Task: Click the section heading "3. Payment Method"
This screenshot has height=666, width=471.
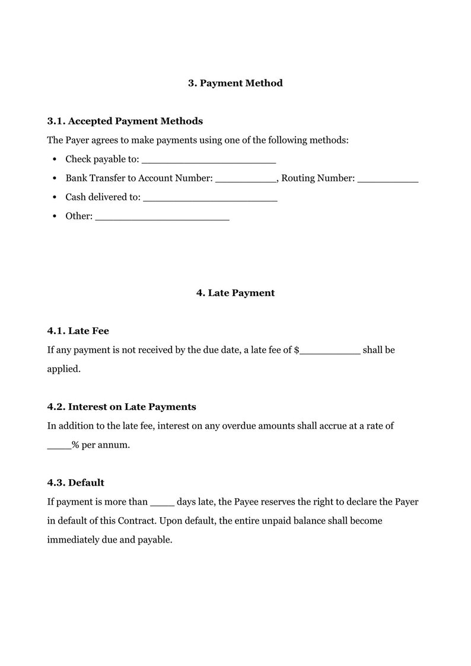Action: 235,83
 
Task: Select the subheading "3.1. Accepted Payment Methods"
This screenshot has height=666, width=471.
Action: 125,121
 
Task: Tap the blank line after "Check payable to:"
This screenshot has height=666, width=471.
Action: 209,160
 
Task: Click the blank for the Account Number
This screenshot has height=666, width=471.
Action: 246,179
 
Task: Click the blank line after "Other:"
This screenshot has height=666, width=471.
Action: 162,217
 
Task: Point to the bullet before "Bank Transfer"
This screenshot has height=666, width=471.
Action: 55,179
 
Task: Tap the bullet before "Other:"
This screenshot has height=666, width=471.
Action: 55,216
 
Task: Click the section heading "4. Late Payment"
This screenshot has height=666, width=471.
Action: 235,293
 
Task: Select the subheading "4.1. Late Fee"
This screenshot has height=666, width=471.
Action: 78,331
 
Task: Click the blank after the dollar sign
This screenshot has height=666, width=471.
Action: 330,351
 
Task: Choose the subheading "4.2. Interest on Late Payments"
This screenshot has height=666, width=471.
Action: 122,407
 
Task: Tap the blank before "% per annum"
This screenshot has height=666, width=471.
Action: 59,446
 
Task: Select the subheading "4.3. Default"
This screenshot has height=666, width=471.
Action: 75,483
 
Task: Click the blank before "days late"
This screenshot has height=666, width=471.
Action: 162,503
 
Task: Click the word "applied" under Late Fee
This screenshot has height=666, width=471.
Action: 62,369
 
